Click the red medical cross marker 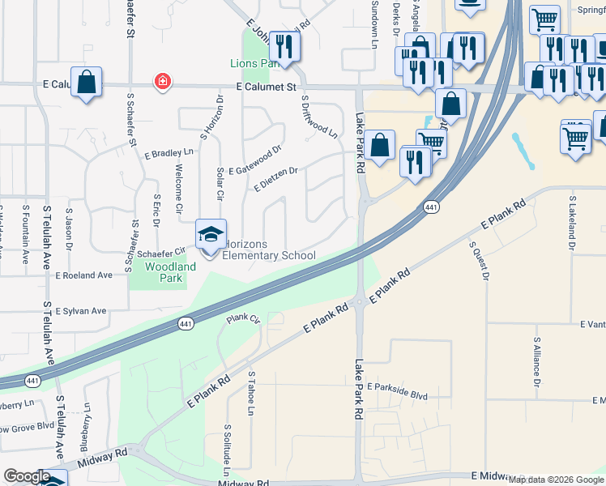click(163, 82)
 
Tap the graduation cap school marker click(211, 235)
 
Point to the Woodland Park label click(170, 272)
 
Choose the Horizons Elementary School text click(268, 249)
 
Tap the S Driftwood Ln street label click(318, 117)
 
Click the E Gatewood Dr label click(254, 160)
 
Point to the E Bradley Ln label click(169, 152)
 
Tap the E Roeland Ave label click(83, 275)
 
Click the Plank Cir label click(242, 319)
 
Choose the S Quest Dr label click(479, 261)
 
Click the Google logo click(27, 476)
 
